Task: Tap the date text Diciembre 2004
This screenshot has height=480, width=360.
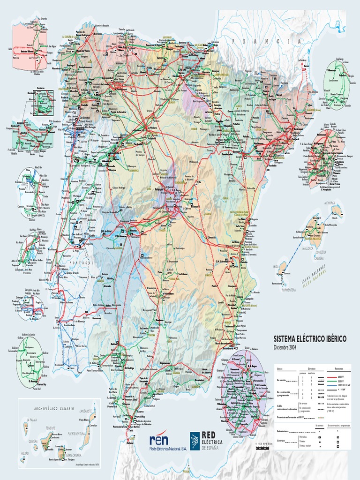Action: [285, 347]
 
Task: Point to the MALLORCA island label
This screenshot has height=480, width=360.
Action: [307, 248]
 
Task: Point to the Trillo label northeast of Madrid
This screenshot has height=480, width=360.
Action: [198, 182]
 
